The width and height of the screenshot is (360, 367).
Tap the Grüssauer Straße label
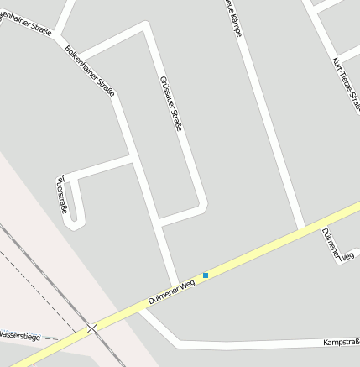tap(171, 103)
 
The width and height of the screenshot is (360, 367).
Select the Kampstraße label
tap(341, 342)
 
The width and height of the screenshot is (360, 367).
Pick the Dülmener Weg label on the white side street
tap(338, 244)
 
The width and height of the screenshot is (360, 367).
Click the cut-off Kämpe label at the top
tap(234, 18)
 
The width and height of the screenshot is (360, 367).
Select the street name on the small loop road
tap(60, 194)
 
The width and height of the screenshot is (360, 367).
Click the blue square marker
tap(205, 275)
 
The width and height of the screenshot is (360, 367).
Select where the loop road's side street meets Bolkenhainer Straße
tap(133, 157)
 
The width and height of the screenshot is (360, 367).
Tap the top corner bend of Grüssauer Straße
tap(147, 28)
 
